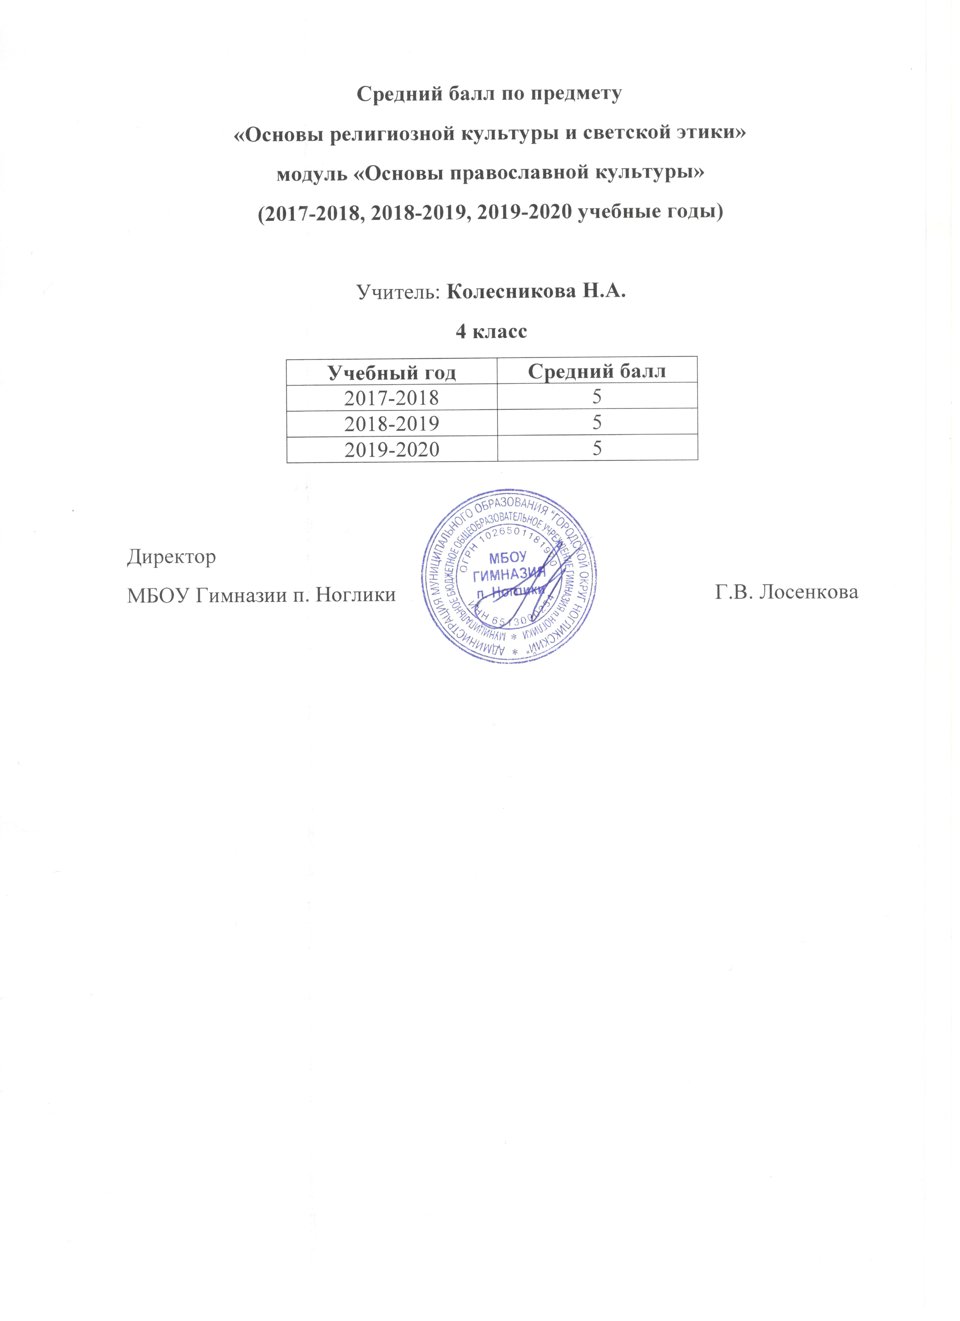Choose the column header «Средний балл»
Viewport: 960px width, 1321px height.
point(597,371)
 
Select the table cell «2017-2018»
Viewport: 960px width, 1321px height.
point(392,398)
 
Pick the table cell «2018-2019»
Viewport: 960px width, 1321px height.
point(392,423)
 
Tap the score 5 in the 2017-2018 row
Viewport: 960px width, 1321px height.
point(597,397)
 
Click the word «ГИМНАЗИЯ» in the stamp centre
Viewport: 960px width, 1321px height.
point(509,577)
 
